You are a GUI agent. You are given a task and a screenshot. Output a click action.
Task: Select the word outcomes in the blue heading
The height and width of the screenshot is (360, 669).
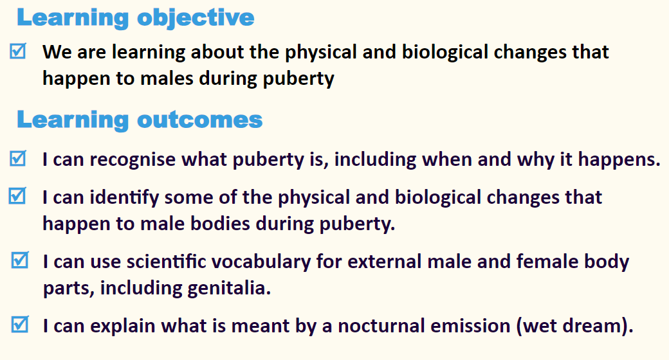[x=199, y=120]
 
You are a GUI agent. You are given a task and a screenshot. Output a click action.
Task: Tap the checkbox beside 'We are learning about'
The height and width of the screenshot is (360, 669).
[x=18, y=51]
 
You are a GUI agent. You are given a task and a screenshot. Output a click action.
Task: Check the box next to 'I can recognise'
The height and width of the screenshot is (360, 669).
[x=18, y=158]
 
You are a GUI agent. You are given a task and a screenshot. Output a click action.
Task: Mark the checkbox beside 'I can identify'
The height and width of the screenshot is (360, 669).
[x=17, y=196]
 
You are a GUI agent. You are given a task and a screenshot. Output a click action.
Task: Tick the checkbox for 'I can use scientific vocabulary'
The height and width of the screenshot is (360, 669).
[x=20, y=260]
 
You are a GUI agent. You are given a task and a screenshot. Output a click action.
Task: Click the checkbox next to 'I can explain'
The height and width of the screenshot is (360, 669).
[x=20, y=324]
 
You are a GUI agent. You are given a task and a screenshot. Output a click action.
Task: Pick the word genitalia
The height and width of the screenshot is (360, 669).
[x=229, y=289]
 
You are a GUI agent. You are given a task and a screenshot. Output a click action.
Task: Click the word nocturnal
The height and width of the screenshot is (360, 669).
[x=381, y=327]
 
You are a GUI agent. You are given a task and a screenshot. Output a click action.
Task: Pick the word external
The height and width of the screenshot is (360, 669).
[x=385, y=262]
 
